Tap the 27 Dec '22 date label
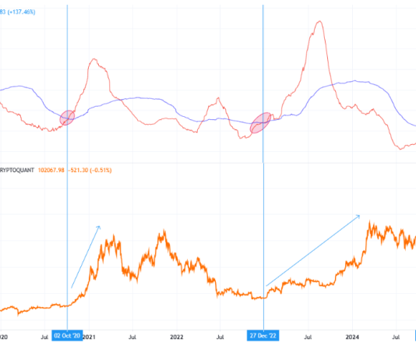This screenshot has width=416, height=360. point(263,336)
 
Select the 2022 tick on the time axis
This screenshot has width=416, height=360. point(177,336)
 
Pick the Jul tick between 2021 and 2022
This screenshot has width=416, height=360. point(132,336)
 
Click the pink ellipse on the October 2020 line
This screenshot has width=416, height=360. point(67,118)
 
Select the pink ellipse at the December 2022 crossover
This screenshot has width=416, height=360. point(263,122)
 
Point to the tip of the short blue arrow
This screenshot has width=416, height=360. point(100,226)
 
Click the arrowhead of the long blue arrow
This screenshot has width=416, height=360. point(359,215)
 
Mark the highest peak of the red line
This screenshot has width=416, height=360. point(318,21)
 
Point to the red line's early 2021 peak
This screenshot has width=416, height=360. point(96,59)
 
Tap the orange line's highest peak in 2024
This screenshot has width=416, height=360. point(369,222)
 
